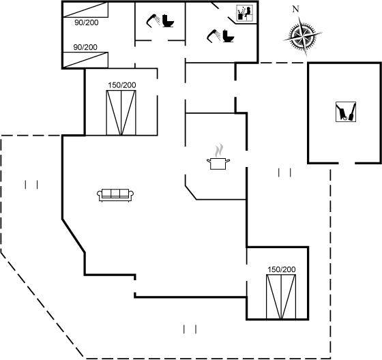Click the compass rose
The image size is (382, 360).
[x=302, y=36]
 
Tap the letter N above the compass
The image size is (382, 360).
[x=295, y=9]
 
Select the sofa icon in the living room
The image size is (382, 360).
[x=115, y=194]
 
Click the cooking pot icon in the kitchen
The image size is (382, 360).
[x=218, y=164]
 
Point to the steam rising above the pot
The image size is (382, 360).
[x=219, y=151]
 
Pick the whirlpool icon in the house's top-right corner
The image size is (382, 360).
[x=245, y=14]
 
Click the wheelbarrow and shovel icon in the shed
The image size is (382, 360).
[x=346, y=112]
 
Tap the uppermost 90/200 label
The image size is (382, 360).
[x=87, y=22]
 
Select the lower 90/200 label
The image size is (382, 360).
[x=85, y=47]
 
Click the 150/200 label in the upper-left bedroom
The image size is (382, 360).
[x=122, y=85]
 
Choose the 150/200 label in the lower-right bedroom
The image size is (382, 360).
[x=282, y=269]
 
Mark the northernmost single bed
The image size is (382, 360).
[x=85, y=10]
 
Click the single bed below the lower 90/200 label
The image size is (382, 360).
[x=85, y=60]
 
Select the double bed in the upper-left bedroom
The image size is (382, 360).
[x=121, y=112]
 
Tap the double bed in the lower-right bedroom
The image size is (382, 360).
[x=281, y=297]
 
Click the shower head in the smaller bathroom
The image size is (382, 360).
[x=153, y=20]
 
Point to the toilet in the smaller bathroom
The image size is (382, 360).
[x=168, y=21]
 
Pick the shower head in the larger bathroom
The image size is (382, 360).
[x=214, y=35]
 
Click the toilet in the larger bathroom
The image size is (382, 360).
[x=229, y=36]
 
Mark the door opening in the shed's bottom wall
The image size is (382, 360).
[x=347, y=163]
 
